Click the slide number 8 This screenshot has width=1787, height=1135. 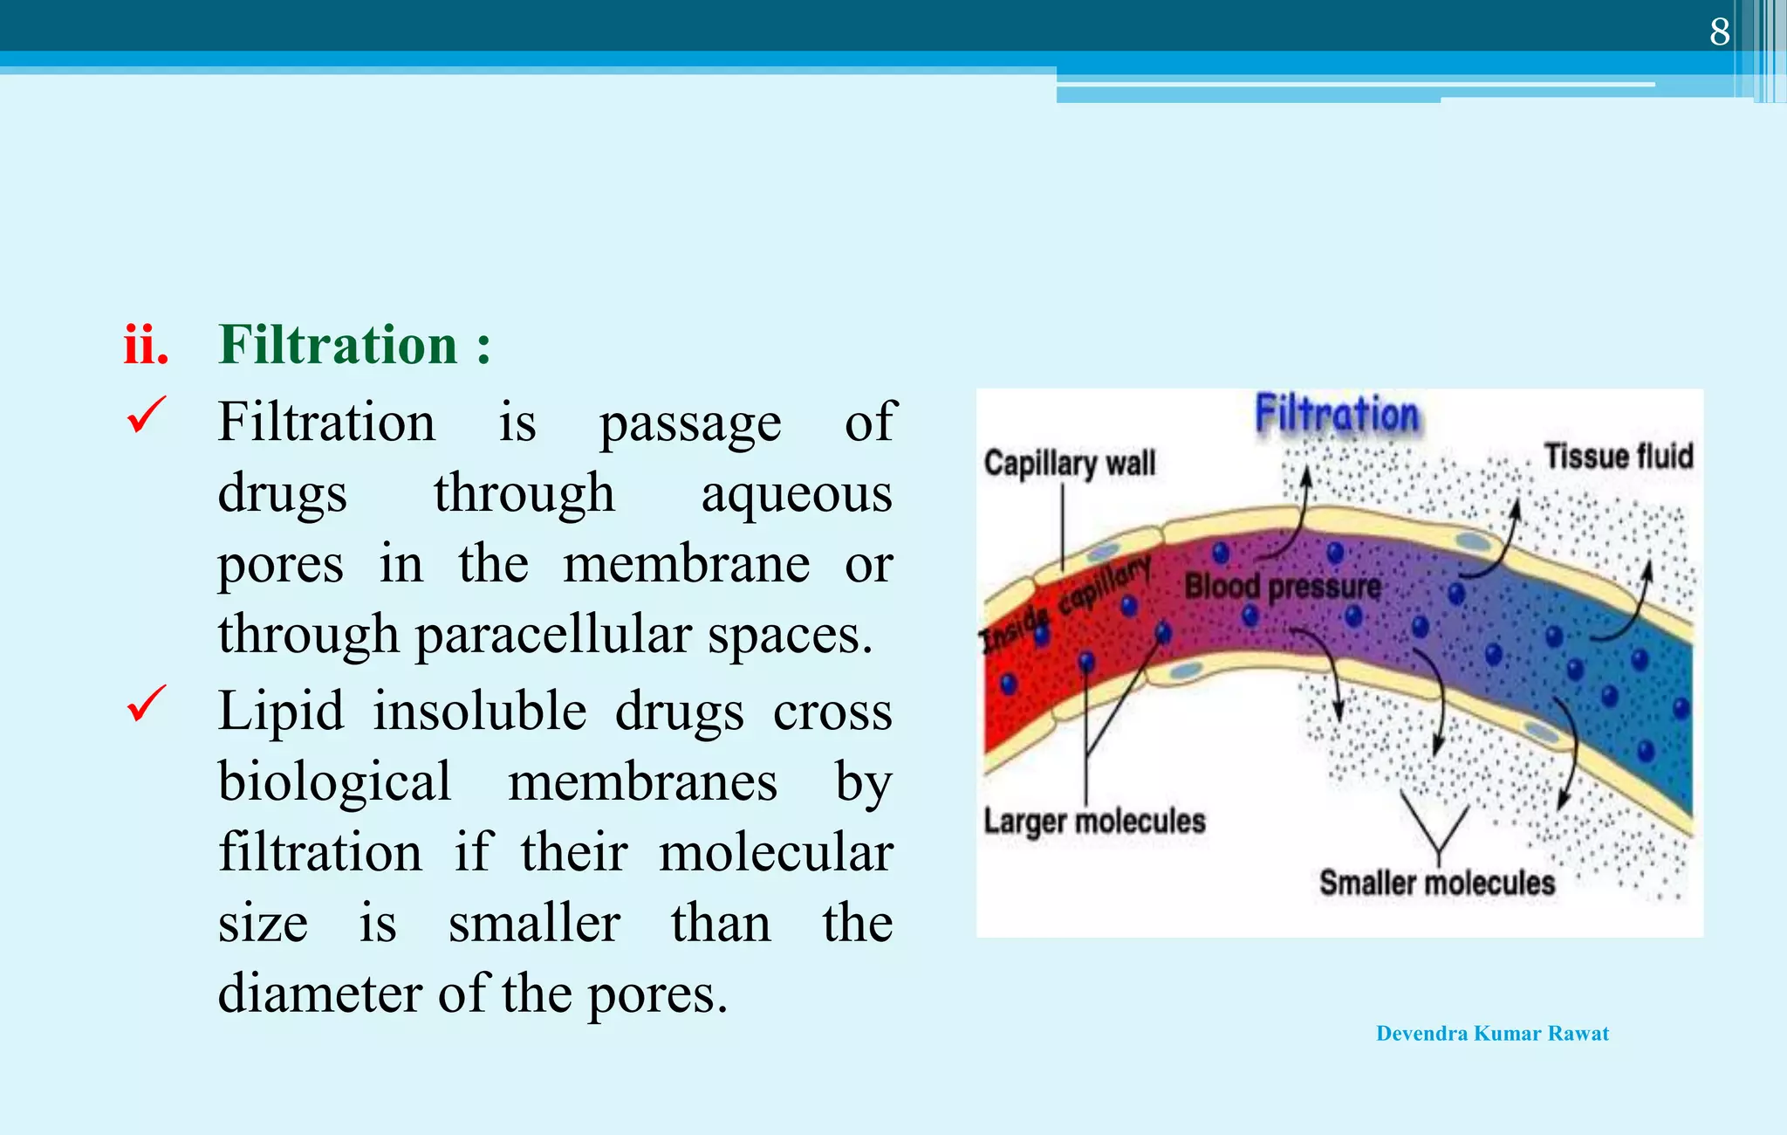pyautogui.click(x=1719, y=32)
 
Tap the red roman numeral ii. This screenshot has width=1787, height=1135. pyautogui.click(x=146, y=345)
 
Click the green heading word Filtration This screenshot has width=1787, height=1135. pyautogui.click(x=338, y=345)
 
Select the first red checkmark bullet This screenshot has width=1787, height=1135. pyautogui.click(x=146, y=416)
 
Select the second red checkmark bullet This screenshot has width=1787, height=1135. pyautogui.click(x=146, y=704)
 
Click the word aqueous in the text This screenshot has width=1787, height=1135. pyautogui.click(x=797, y=495)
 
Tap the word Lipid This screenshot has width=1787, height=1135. pyautogui.click(x=280, y=711)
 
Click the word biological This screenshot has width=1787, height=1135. pyautogui.click(x=334, y=782)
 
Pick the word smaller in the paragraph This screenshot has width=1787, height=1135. pyautogui.click(x=534, y=924)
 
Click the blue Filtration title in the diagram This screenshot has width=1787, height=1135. pyautogui.click(x=1337, y=414)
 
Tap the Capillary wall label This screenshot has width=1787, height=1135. pyautogui.click(x=1069, y=463)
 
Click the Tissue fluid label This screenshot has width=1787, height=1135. pyautogui.click(x=1618, y=457)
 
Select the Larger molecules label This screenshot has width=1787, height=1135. pyautogui.click(x=1094, y=822)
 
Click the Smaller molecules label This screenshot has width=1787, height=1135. pyautogui.click(x=1436, y=883)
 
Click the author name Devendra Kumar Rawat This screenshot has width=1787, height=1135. pyautogui.click(x=1492, y=1034)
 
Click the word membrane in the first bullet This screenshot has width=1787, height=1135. pyautogui.click(x=686, y=565)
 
